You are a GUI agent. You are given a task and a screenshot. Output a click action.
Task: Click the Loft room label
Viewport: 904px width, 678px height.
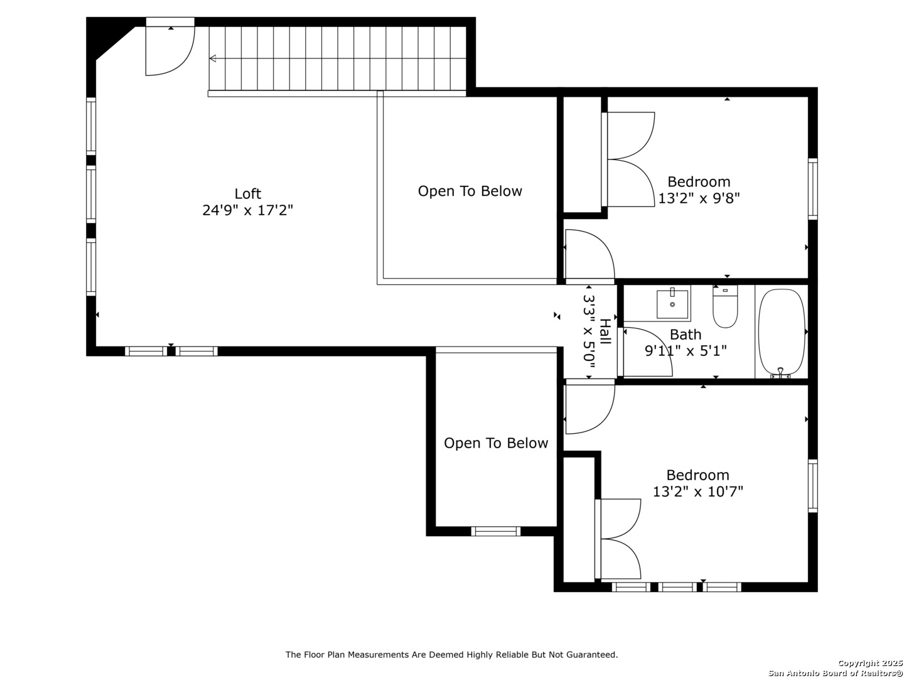coord(247,193)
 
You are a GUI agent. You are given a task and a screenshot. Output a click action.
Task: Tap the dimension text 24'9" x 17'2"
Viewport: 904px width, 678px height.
coord(247,210)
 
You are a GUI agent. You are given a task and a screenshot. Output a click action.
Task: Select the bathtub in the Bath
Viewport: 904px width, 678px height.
coord(782,333)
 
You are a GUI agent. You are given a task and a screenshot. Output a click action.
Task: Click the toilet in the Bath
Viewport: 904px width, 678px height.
coord(725,306)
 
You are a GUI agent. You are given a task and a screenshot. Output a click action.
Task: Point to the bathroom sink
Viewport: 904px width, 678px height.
coord(672,304)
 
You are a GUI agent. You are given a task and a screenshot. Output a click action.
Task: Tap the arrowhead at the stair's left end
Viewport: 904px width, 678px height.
coord(213,58)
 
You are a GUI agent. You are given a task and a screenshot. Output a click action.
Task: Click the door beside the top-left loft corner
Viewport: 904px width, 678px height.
coord(170,46)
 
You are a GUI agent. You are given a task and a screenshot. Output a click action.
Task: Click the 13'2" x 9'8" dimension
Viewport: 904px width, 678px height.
coord(699,198)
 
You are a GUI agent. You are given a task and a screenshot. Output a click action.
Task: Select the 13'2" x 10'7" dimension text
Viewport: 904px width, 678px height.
coord(697,491)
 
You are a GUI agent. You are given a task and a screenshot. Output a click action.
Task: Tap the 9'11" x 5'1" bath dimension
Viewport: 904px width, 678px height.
coord(686,351)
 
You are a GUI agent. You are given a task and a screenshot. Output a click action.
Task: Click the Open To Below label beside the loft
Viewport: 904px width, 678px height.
coord(470,191)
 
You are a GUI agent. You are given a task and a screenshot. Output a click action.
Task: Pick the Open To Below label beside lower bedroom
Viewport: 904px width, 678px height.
coord(496,443)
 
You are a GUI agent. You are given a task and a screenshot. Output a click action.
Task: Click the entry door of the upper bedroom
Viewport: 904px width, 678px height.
coord(589,254)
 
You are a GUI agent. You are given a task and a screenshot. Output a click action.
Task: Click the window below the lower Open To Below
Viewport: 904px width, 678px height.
coord(495,532)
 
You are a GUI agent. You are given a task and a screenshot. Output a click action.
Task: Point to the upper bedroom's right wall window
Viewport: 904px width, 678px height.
coord(812,189)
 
